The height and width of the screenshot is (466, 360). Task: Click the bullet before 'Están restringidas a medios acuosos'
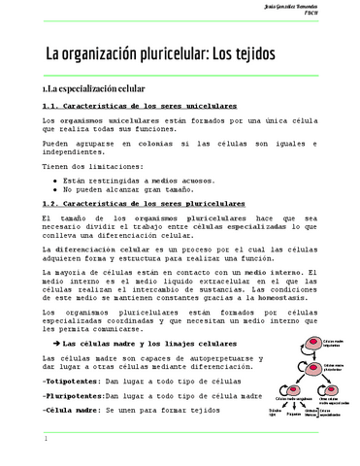(x=54, y=181)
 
